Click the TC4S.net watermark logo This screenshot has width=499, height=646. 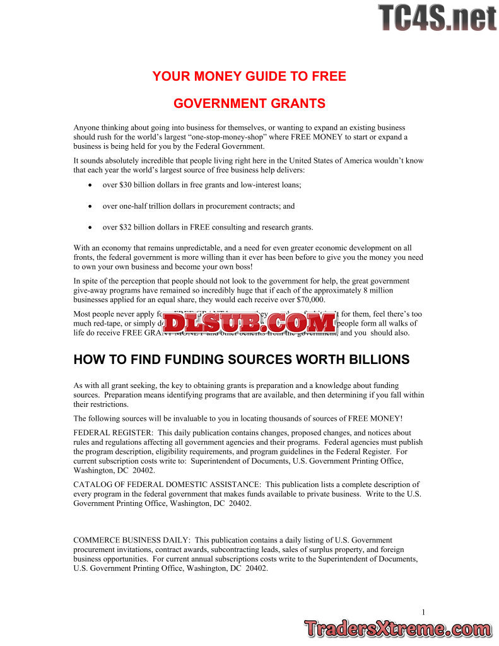tap(437, 17)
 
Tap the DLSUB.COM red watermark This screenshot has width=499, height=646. tap(250, 324)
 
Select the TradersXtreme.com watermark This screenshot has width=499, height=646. tap(397, 629)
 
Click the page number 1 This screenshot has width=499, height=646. tap(423, 611)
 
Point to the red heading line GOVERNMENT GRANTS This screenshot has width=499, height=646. tap(249, 103)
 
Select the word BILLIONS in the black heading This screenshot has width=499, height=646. tap(377, 360)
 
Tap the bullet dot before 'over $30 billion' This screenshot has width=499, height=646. tap(91, 185)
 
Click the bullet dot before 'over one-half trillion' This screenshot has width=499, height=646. tap(91, 206)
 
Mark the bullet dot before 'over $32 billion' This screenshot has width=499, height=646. tap(91, 228)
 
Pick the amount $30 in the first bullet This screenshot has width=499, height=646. tap(126, 185)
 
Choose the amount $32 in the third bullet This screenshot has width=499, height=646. tap(126, 227)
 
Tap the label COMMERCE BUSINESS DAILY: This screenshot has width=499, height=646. tap(132, 540)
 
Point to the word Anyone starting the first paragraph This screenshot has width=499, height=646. tap(86, 127)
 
